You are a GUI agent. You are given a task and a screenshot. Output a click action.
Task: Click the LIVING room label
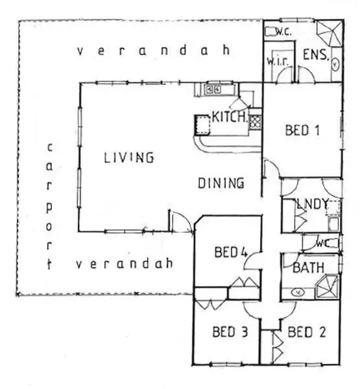tap(128, 157)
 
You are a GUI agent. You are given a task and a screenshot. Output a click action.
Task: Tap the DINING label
tap(221, 183)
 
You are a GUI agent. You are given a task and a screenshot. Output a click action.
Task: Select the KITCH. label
tap(229, 117)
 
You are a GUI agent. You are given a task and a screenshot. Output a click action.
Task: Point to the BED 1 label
tap(303, 130)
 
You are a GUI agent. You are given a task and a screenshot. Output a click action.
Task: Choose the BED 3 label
tap(230, 333)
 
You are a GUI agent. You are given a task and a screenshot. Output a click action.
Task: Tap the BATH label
tap(304, 268)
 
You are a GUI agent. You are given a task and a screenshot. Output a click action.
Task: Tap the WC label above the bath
tap(322, 244)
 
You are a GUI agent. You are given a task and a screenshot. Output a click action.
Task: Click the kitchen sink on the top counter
tap(214, 89)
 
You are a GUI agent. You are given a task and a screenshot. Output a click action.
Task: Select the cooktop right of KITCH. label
tap(256, 119)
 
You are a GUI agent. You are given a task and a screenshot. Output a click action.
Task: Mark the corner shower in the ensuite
tap(330, 30)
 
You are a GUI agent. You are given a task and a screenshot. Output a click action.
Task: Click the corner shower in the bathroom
tap(328, 285)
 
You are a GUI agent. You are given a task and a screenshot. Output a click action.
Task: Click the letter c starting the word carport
tap(49, 147)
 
